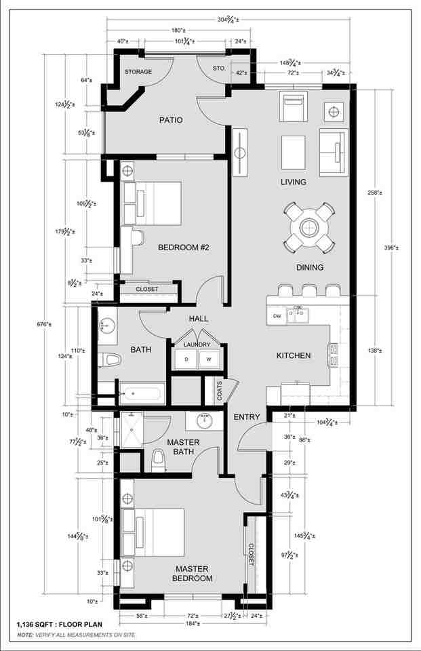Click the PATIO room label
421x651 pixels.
pos(171,120)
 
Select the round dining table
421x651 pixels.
pos(309,226)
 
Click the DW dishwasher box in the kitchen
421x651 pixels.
pos(277,316)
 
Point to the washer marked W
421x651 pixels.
pos(209,359)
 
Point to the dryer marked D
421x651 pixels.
pos(186,359)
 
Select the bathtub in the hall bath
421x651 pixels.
pos(142,393)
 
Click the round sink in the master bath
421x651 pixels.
pos(203,422)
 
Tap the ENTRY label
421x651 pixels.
pos(247,416)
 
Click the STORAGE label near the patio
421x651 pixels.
pos(138,72)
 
